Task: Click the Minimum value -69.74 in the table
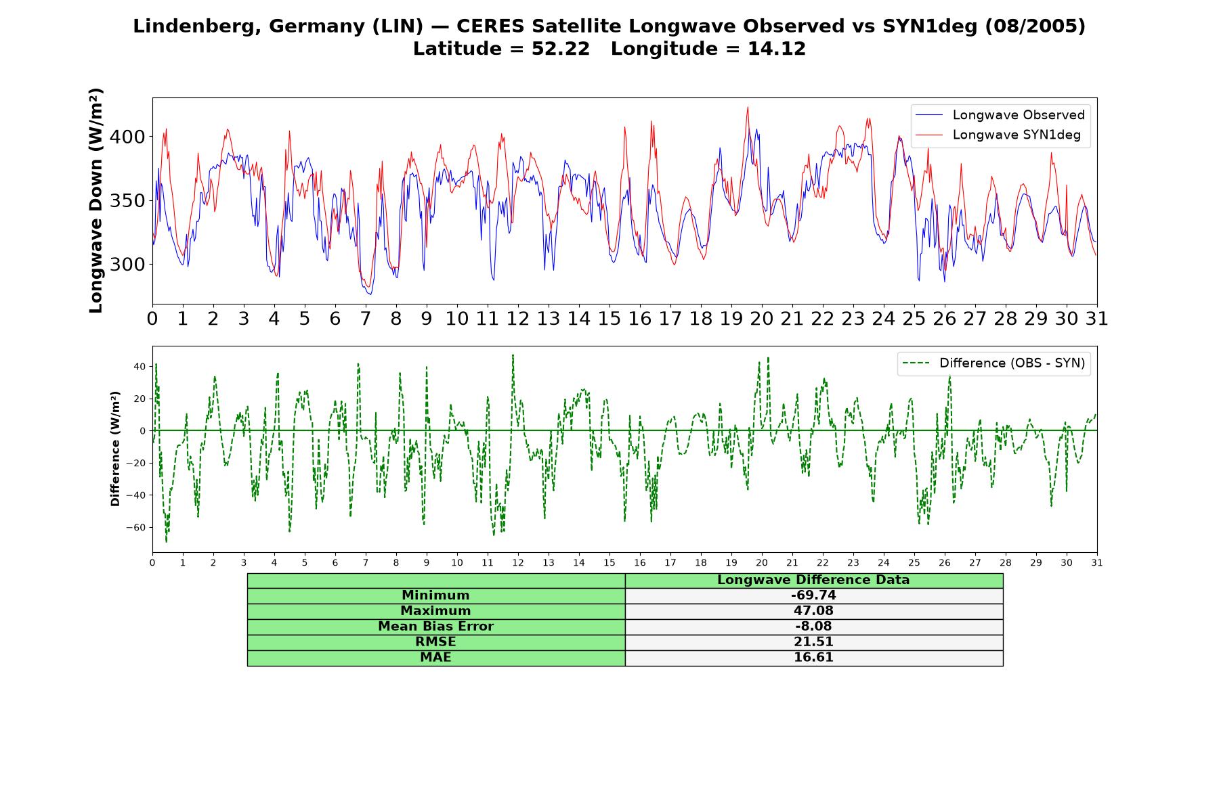[x=813, y=595]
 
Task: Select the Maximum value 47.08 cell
[x=813, y=611]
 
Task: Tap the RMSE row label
[x=435, y=642]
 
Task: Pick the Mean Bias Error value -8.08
[x=813, y=627]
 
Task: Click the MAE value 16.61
[x=813, y=658]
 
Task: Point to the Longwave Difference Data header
[x=813, y=580]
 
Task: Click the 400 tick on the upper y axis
[x=127, y=137]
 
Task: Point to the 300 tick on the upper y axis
[x=127, y=265]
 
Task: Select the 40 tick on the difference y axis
[x=140, y=367]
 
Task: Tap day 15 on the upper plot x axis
[x=609, y=319]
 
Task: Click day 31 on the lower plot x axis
[x=1097, y=562]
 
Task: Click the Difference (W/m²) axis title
[x=115, y=449]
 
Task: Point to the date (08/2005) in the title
[x=1035, y=26]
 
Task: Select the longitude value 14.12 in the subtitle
[x=777, y=49]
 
